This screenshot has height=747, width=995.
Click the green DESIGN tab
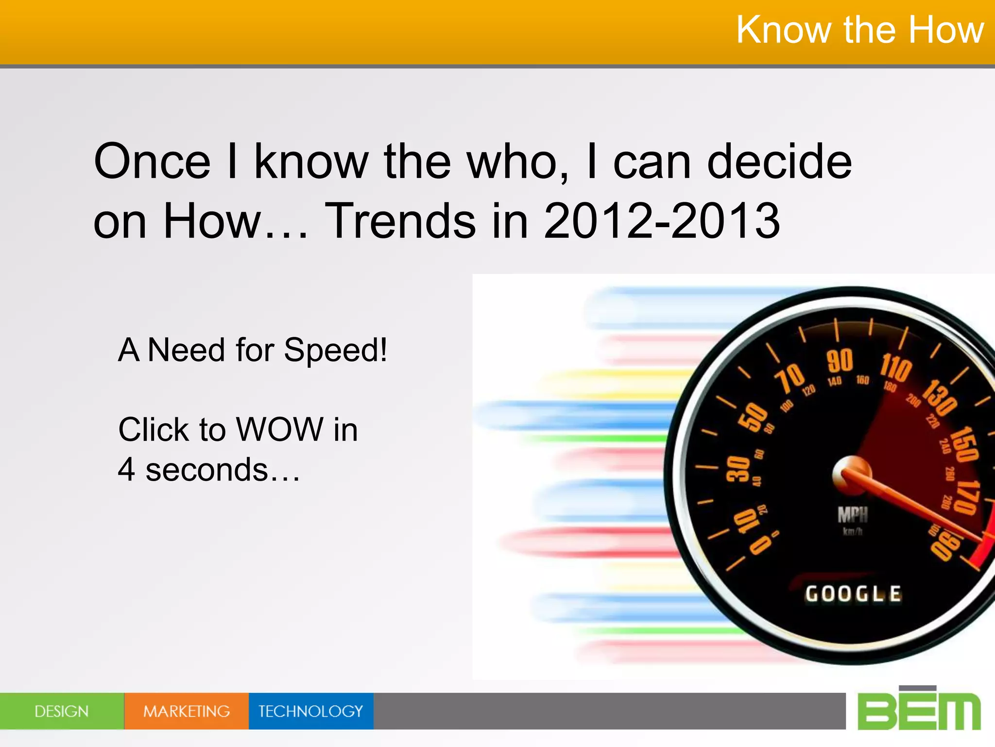pos(62,711)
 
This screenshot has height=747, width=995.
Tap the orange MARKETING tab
pos(187,711)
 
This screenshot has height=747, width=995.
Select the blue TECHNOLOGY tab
pos(311,711)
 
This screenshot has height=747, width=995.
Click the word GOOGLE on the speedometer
pos(853,594)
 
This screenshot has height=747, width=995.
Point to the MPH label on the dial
pos(853,515)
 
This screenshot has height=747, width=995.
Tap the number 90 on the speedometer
pos(840,361)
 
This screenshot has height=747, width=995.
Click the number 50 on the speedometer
pos(753,417)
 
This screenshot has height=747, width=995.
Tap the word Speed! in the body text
pos(335,350)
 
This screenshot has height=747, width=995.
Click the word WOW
pos(280,429)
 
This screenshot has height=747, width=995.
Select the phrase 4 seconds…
pos(209,470)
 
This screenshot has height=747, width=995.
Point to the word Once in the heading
pos(152,161)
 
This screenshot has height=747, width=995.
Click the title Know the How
pos(859,30)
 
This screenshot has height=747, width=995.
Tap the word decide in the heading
pos(779,161)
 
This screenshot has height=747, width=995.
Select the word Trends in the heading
pos(400,221)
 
